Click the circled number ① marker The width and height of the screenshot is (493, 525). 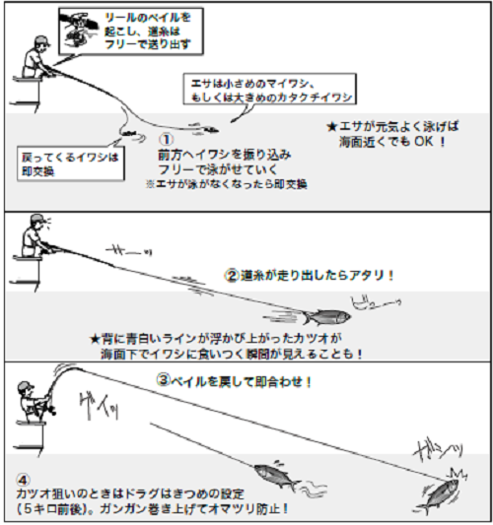(x=167, y=140)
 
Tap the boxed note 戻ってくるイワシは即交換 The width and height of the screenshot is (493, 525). (x=72, y=162)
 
